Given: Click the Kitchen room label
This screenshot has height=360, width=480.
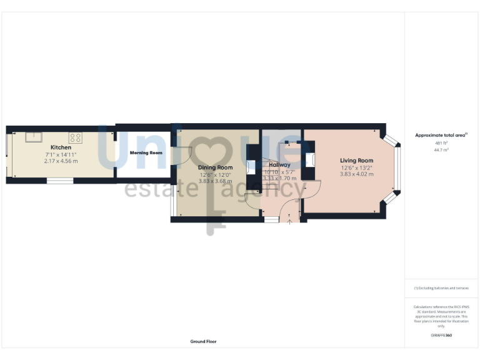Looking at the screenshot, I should pos(61,147).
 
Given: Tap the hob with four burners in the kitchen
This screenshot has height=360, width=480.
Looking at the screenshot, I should pos(76,137).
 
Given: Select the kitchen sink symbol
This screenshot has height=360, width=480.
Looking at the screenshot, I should pos(33,137).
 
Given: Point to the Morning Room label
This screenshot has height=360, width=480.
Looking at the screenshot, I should pos(146,152).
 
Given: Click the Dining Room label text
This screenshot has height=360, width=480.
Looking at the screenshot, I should pos(215,167).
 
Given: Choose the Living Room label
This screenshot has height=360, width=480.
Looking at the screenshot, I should pos(356,161).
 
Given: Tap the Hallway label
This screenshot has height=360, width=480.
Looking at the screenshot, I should pos(279,165).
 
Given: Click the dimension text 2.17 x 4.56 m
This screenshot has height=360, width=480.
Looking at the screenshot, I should pos(61,161).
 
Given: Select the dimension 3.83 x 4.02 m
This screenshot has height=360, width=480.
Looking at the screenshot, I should pos(356,174).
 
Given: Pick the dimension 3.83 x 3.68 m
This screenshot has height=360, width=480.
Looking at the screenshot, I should pos(215,181).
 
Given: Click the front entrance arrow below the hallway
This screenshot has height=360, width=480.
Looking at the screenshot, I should pos(289,221).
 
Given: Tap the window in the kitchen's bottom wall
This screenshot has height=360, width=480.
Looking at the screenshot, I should pos(60,181).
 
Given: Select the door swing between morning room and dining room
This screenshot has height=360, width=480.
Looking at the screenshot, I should pos(176,156).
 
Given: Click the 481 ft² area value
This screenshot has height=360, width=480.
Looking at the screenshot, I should pos(441,143).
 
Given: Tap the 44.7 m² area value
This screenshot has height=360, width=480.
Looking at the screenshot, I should pos(441,150).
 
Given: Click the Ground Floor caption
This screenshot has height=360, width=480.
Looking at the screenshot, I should pos(203,342).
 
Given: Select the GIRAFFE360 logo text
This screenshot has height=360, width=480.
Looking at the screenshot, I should pos(441,336).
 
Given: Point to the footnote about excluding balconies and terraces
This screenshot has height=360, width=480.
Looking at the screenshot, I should pos(441,288).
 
